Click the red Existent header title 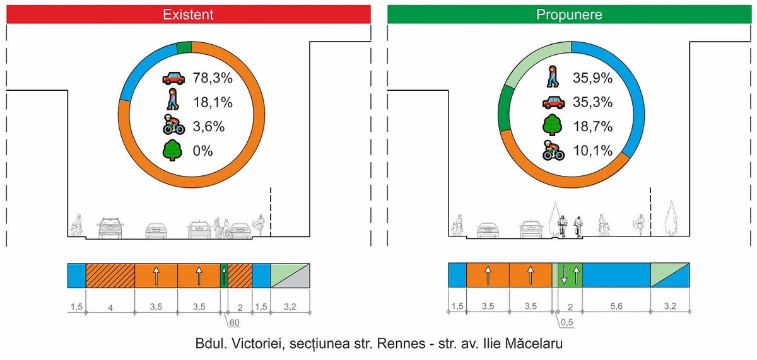188,15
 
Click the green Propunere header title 569,15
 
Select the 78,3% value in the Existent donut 213,78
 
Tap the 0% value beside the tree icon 202,151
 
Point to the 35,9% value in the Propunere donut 592,78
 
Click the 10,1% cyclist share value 592,151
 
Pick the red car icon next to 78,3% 173,78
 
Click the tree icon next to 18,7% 553,125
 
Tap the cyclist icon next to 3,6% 173,125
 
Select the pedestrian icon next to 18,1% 173,99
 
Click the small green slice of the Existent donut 184,48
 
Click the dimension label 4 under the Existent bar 110,308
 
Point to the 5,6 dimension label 616,306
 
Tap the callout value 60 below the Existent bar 234,323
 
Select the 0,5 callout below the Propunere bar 566,322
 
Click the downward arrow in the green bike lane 564,275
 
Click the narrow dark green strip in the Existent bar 224,276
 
